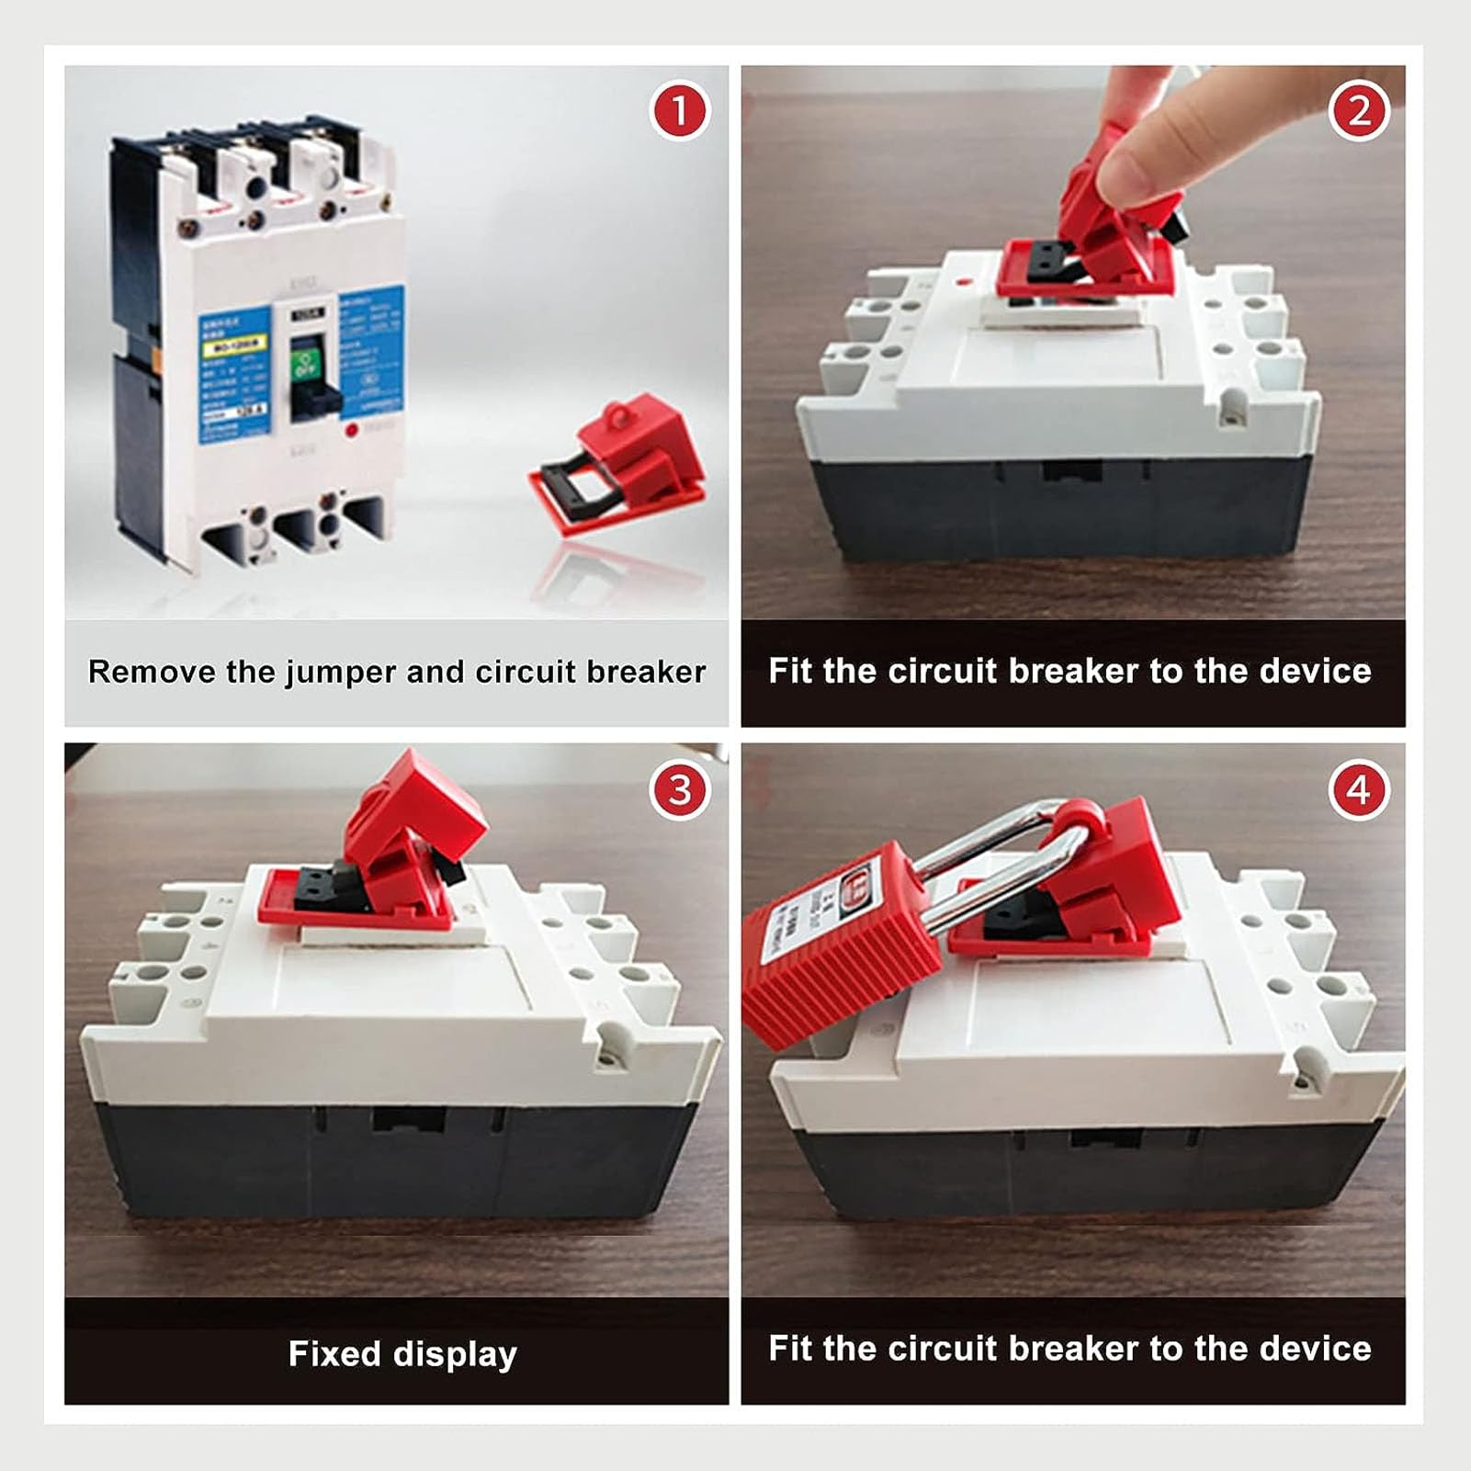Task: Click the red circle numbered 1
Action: pyautogui.click(x=680, y=111)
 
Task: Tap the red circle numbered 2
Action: pyautogui.click(x=1358, y=111)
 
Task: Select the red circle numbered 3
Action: pyautogui.click(x=680, y=789)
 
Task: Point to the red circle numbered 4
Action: pyautogui.click(x=1358, y=789)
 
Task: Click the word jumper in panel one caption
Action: pyautogui.click(x=341, y=673)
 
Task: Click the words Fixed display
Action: pyautogui.click(x=402, y=1353)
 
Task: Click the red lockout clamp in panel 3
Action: pyautogui.click(x=386, y=854)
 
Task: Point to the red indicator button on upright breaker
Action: pyautogui.click(x=350, y=430)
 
